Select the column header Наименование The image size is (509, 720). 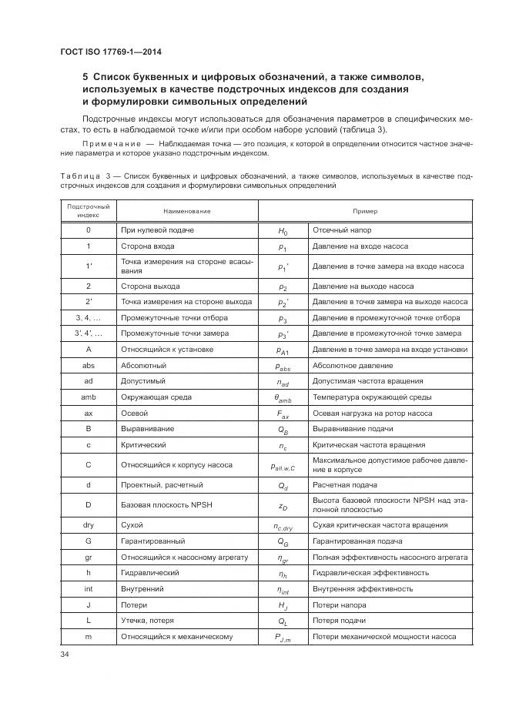(x=186, y=211)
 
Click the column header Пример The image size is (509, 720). (x=365, y=211)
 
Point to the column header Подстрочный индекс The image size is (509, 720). (x=89, y=211)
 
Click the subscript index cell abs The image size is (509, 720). (x=89, y=365)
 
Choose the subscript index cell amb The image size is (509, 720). (x=89, y=397)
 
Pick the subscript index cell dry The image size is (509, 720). (x=89, y=524)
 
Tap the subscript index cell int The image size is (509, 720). (x=89, y=588)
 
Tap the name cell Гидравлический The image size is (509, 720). (x=150, y=572)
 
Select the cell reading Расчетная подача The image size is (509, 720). (x=344, y=485)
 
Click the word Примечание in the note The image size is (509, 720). (x=112, y=144)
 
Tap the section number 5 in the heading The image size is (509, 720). (x=85, y=77)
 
